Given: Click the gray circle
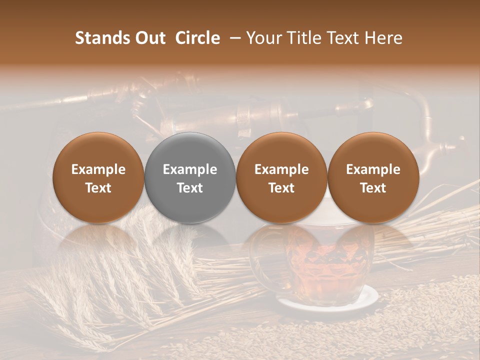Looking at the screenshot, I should (x=189, y=177).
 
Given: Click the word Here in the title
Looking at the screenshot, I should (x=384, y=38).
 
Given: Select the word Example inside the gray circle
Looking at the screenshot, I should (x=190, y=169).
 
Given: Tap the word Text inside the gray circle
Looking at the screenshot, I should (x=190, y=188).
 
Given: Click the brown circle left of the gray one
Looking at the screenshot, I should (x=98, y=177).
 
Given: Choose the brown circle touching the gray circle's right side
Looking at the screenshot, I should (x=281, y=177).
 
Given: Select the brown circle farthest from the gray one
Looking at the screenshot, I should (x=373, y=177).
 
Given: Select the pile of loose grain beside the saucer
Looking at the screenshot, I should (x=425, y=310).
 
